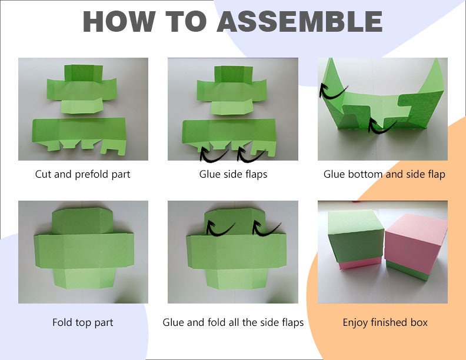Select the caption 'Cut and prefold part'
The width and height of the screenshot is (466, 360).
(83, 174)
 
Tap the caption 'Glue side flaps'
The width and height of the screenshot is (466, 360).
(233, 174)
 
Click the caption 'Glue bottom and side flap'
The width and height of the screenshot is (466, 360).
(384, 174)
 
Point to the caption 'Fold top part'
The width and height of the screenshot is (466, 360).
(83, 322)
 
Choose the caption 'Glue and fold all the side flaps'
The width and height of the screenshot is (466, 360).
(233, 322)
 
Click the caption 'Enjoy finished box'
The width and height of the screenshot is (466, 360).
(385, 322)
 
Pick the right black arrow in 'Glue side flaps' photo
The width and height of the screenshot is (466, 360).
(252, 154)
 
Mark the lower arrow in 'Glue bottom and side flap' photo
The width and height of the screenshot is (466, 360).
(382, 124)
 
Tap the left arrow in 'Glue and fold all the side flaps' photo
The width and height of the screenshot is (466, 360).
(220, 226)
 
